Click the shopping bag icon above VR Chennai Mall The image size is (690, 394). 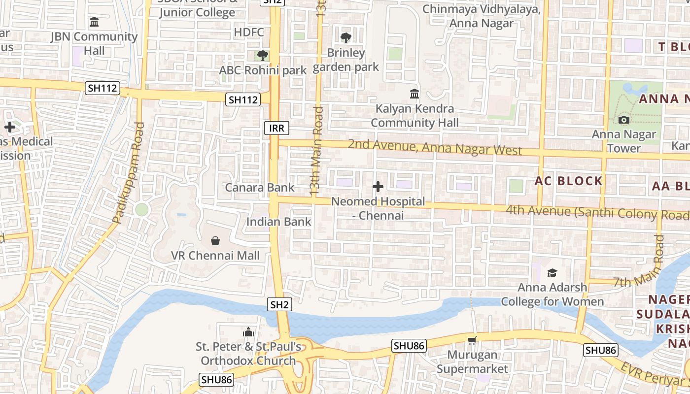pyautogui.click(x=215, y=241)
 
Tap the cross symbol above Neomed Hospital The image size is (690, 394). pyautogui.click(x=378, y=187)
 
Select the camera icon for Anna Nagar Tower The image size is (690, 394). pyautogui.click(x=624, y=120)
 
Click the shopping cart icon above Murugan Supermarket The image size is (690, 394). pyautogui.click(x=472, y=340)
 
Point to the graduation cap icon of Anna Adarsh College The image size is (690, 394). pyautogui.click(x=552, y=273)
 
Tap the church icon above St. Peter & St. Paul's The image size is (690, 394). pyautogui.click(x=248, y=332)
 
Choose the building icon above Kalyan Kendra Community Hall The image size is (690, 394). pyautogui.click(x=414, y=94)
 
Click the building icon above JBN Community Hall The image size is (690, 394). pyautogui.click(x=94, y=22)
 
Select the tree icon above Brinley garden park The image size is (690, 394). pyautogui.click(x=346, y=37)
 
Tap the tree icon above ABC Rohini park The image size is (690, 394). pyautogui.click(x=263, y=55)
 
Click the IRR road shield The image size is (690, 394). pyautogui.click(x=276, y=129)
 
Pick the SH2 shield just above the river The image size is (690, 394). pyautogui.click(x=279, y=304)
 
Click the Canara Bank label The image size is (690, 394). pyautogui.click(x=260, y=188)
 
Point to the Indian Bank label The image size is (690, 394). pyautogui.click(x=279, y=222)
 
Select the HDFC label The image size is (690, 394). pyautogui.click(x=249, y=33)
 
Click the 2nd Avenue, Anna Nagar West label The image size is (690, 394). pyautogui.click(x=435, y=147)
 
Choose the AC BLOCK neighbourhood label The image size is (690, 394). pyautogui.click(x=569, y=181)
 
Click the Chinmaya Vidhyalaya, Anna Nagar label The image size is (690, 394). pyautogui.click(x=482, y=16)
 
